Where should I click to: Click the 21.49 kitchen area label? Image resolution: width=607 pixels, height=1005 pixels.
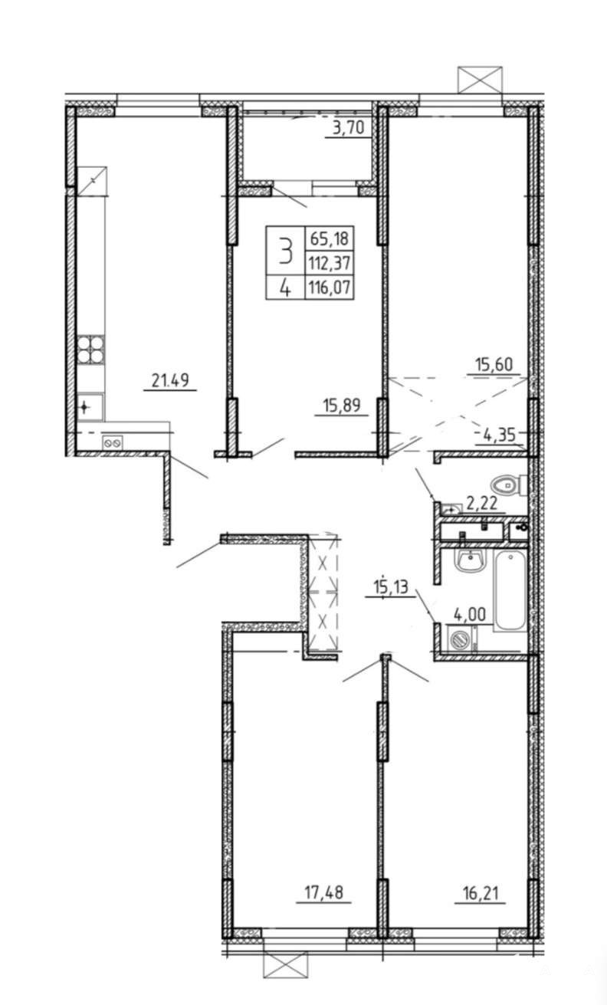tap(170, 380)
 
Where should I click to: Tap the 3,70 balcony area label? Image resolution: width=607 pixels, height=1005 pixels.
tap(348, 128)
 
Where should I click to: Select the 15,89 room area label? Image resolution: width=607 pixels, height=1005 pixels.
tap(341, 406)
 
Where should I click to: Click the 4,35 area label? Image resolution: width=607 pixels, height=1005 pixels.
tap(500, 435)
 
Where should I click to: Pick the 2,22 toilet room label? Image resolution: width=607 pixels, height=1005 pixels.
tap(482, 504)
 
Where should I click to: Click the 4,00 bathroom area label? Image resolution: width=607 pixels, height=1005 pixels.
tap(470, 614)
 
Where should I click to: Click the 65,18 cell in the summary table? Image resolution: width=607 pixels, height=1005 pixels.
tap(330, 238)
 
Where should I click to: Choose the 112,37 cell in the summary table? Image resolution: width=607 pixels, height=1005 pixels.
tap(330, 262)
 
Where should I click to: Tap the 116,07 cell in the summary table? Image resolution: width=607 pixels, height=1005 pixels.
tap(330, 286)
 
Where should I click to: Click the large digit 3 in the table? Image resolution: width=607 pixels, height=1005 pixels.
tap(285, 251)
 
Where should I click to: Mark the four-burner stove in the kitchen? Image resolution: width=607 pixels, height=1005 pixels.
tap(90, 350)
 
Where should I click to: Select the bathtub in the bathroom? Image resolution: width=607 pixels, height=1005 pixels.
tap(510, 591)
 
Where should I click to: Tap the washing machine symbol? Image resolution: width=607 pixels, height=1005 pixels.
tap(459, 638)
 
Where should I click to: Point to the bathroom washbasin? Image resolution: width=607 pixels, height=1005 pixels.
tap(470, 560)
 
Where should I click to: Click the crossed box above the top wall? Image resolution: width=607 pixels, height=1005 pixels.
tap(480, 80)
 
